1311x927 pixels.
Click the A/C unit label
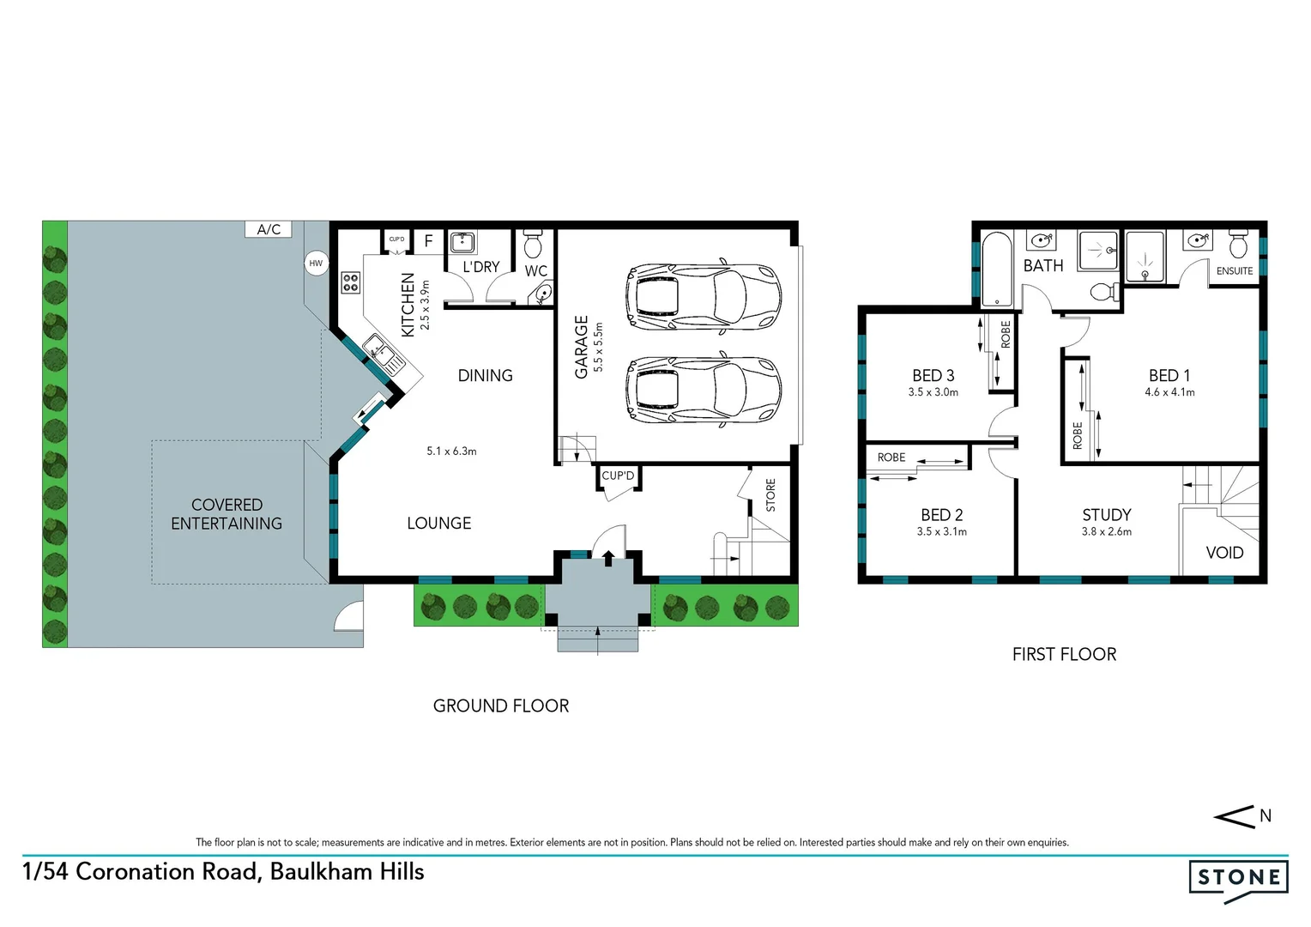(269, 229)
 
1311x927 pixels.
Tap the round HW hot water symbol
(316, 264)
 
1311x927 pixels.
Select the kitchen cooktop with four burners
(350, 282)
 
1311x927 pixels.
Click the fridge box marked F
(429, 241)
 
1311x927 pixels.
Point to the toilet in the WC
(533, 244)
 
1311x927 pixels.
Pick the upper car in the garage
(704, 296)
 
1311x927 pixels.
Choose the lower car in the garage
(704, 391)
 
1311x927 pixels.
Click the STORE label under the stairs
(770, 495)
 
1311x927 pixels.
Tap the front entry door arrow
(608, 559)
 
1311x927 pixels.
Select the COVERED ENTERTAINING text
(227, 514)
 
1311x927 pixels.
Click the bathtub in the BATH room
(996, 270)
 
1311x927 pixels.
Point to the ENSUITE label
(1235, 271)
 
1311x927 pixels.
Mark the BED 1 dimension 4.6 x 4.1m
(1169, 392)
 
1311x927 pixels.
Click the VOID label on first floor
(1224, 553)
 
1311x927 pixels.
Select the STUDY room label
(1106, 515)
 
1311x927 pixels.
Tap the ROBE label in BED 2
(891, 457)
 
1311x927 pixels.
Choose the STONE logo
(1238, 879)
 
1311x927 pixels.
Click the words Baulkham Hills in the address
(347, 872)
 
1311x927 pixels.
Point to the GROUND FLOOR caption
(501, 706)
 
